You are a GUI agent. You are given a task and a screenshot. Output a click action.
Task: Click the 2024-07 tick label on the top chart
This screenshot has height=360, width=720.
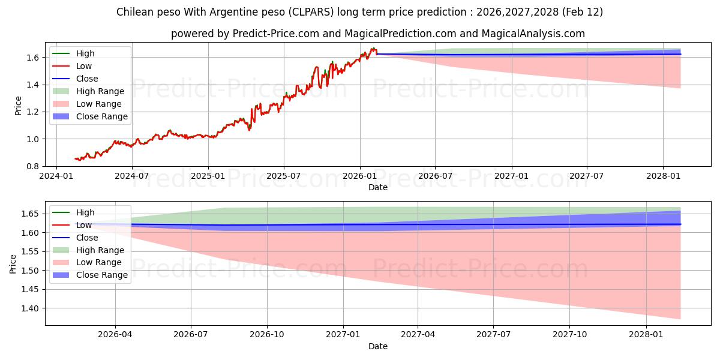coord(131,176)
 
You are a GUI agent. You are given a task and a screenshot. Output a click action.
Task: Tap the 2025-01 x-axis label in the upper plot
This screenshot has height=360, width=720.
coord(208,176)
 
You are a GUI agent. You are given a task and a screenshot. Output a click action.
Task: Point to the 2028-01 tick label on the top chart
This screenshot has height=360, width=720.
coord(663,176)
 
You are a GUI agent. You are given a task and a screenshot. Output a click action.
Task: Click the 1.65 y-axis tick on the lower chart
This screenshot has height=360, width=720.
coord(30,214)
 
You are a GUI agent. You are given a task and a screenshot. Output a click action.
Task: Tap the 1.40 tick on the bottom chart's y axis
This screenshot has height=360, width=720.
coord(30,308)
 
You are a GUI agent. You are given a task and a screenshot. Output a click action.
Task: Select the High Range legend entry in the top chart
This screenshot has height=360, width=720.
coord(100,91)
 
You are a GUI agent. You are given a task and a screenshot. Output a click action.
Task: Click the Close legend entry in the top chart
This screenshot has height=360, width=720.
coord(87,79)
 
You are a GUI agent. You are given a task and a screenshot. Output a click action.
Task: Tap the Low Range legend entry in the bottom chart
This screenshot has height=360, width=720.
coord(99,262)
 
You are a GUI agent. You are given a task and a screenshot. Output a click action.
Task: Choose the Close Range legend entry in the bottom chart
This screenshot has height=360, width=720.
coord(102,275)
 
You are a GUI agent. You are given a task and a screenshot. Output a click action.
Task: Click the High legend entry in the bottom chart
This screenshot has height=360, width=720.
coord(85,212)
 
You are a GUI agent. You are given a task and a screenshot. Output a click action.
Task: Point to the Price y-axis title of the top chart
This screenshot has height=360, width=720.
coord(17,104)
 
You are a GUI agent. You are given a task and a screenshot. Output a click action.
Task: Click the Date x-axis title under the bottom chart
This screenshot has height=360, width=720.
coord(378,346)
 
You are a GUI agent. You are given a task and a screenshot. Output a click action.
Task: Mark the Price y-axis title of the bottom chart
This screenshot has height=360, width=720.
coord(13,263)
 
